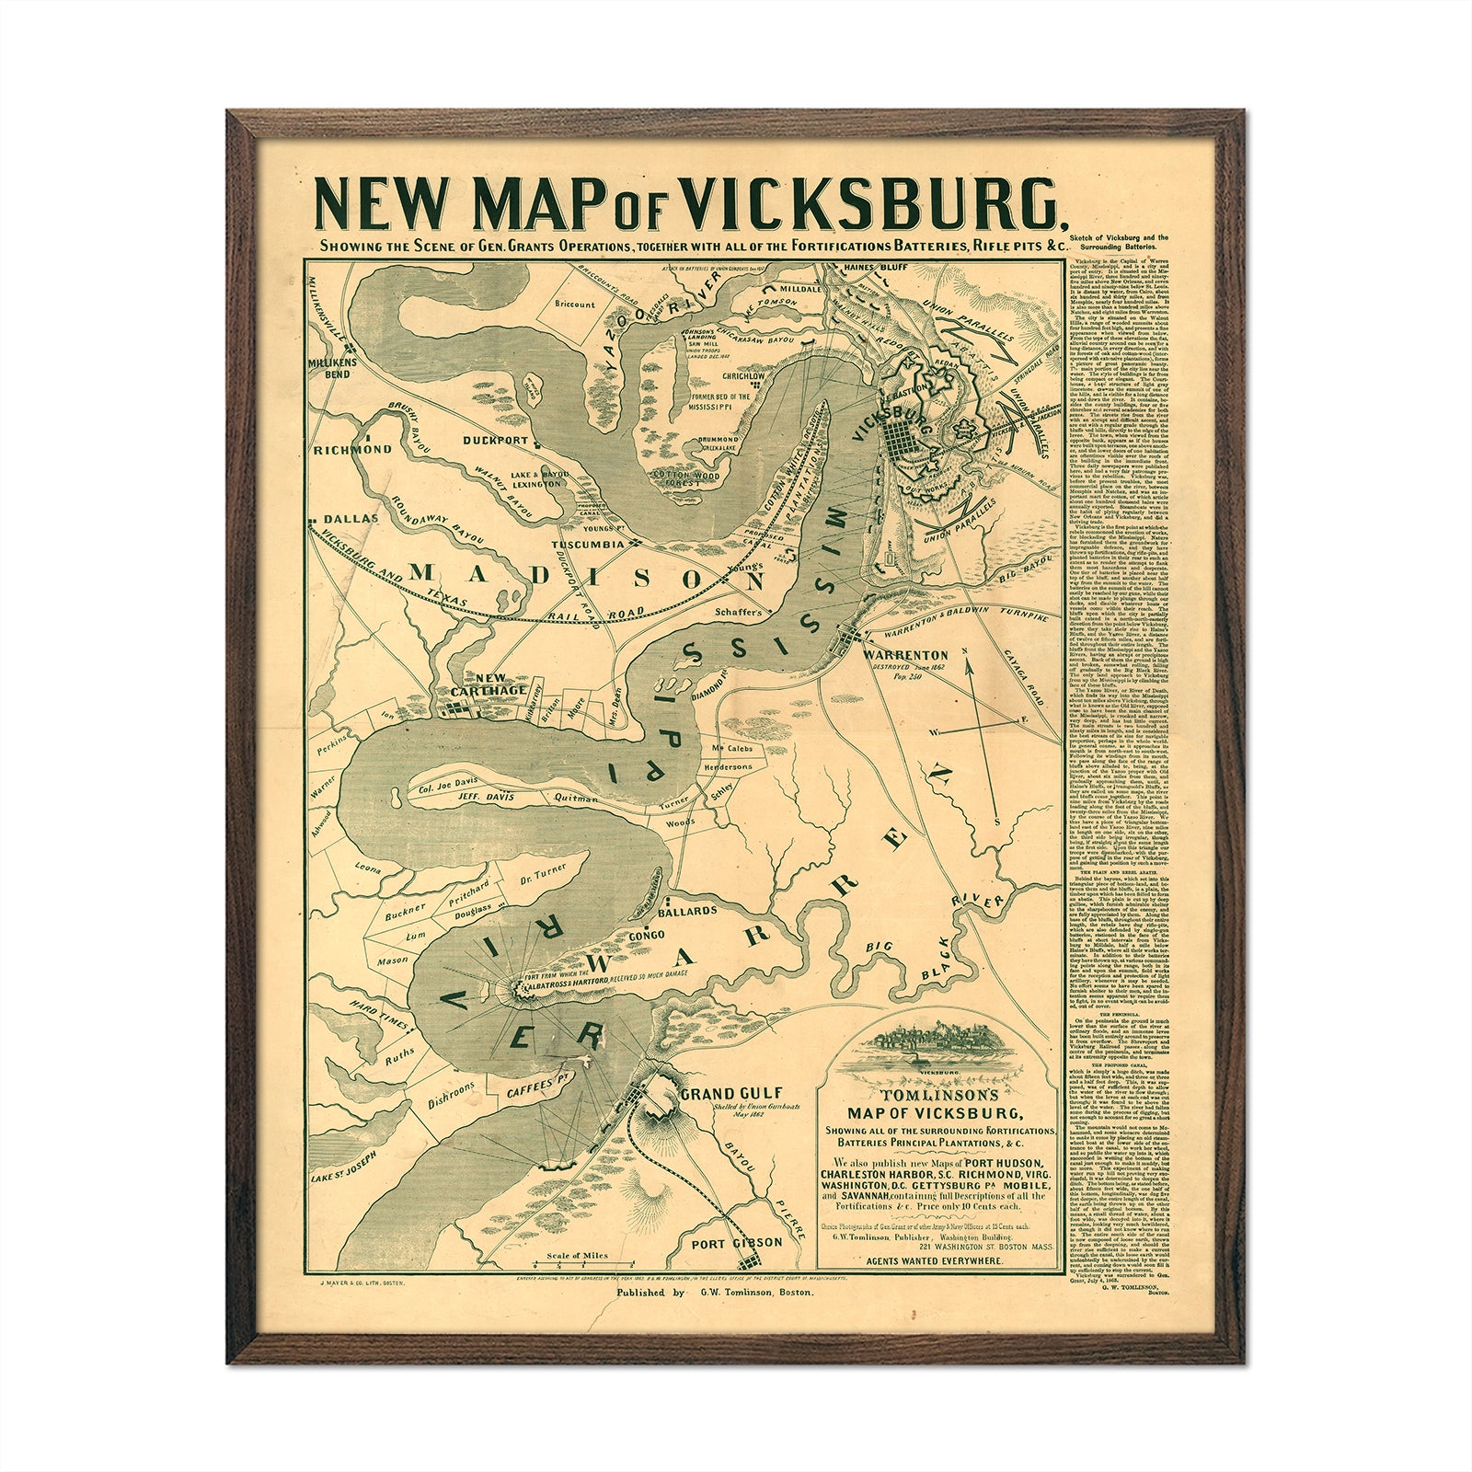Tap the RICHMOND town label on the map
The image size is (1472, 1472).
point(351,451)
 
